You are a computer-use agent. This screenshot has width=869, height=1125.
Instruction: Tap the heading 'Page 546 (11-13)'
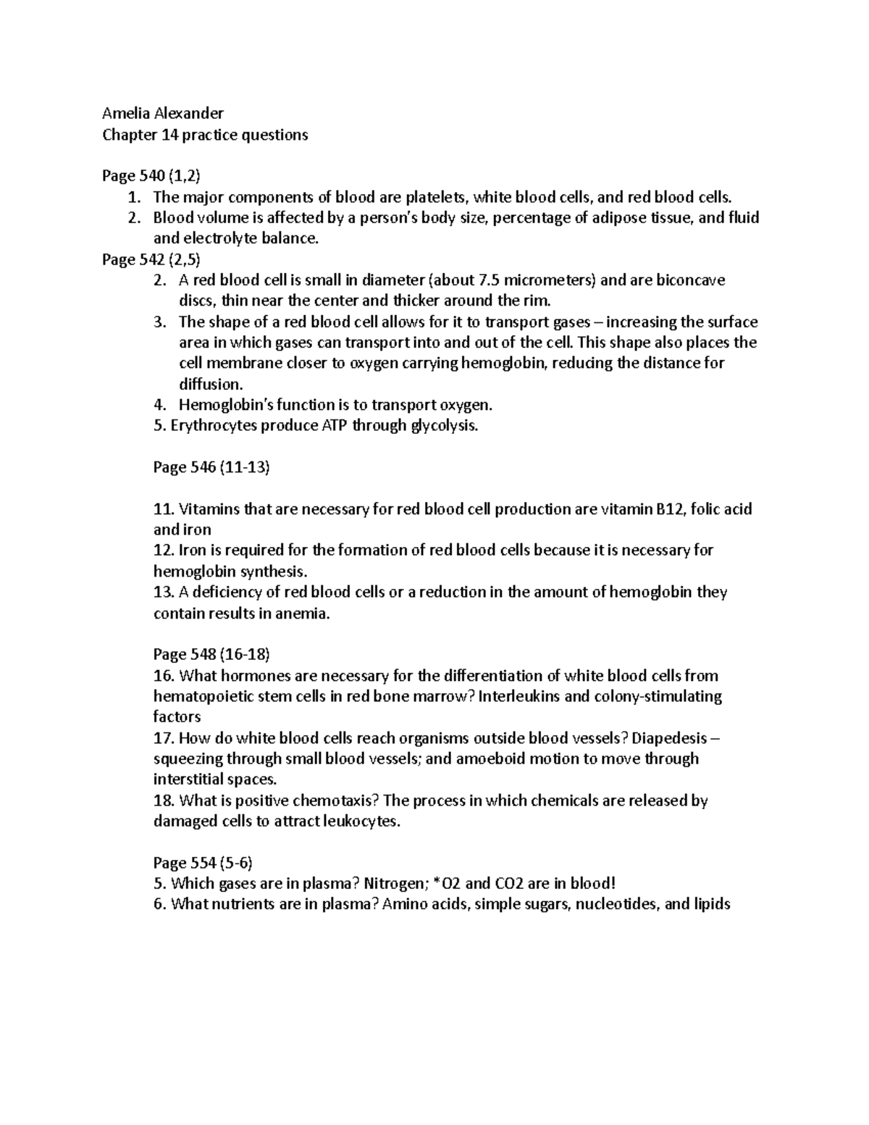211,467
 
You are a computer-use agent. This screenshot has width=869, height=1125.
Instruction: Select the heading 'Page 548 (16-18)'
211,655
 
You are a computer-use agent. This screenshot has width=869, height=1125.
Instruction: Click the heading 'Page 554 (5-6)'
203,863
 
